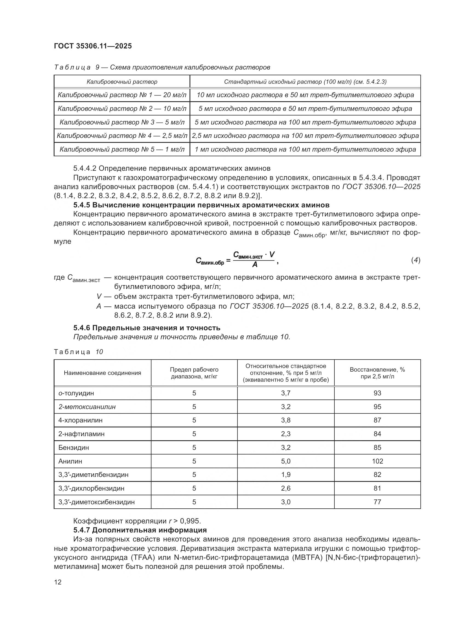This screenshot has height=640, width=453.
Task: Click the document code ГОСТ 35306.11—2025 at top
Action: tap(93, 46)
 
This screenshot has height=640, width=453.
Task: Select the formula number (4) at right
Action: tap(416, 260)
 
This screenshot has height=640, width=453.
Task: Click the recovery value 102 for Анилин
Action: tap(377, 461)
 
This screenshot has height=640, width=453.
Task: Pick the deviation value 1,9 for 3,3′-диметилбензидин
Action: tap(286, 475)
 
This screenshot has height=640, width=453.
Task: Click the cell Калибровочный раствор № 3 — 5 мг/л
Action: tap(122, 122)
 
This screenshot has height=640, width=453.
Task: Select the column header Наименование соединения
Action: tap(102, 373)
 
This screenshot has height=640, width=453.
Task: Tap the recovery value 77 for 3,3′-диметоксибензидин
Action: tap(377, 502)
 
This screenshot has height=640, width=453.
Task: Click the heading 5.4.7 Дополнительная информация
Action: tap(140, 530)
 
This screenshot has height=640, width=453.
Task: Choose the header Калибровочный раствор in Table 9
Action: tap(122, 82)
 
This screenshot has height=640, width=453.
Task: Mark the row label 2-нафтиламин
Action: tap(81, 434)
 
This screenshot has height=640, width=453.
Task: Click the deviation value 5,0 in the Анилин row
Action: tap(286, 461)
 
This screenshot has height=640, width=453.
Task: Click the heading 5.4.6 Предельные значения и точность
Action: tap(147, 328)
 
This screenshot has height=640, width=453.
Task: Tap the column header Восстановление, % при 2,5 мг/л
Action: tap(377, 373)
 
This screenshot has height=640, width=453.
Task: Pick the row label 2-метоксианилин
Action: tap(87, 407)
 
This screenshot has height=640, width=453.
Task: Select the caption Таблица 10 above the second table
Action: tap(79, 352)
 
